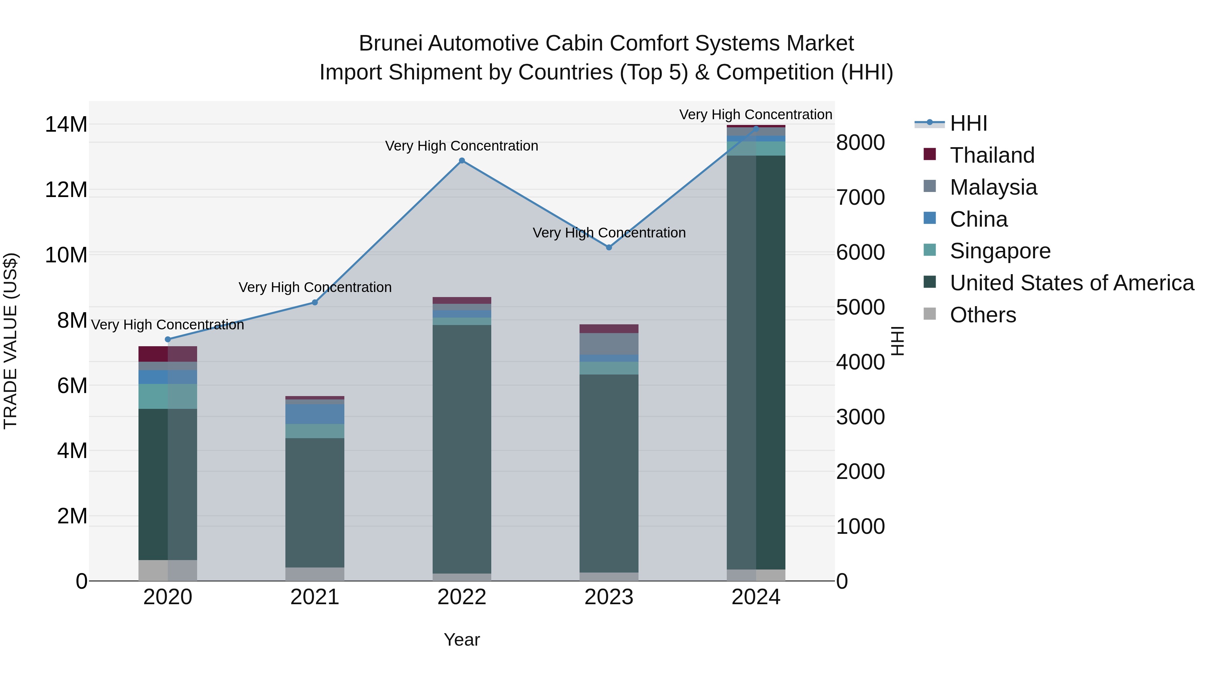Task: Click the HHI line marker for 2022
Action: coord(462,161)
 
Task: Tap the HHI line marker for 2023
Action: coord(609,248)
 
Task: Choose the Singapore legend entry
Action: coord(1000,251)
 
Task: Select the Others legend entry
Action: coord(983,315)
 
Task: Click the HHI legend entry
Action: coord(968,123)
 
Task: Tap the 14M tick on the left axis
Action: coord(66,125)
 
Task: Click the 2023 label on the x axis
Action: coord(609,597)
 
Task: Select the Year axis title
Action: coord(462,640)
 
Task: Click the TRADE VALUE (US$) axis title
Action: coord(10,341)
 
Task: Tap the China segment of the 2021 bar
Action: coord(315,414)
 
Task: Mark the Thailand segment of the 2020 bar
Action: coord(168,354)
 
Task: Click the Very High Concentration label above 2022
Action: coord(462,146)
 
